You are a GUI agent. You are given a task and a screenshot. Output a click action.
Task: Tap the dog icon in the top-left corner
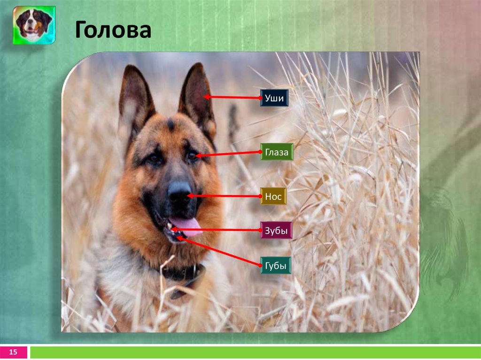(x=34, y=25)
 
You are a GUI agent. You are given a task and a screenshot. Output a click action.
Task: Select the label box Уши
(x=274, y=99)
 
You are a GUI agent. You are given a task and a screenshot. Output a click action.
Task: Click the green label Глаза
(x=277, y=152)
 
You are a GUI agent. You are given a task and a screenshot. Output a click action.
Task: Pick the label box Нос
(x=273, y=196)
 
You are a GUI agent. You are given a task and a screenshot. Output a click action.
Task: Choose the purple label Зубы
(x=276, y=230)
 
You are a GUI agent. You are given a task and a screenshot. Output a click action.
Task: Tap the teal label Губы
(x=276, y=265)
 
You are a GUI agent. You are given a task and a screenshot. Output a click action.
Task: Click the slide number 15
(x=13, y=352)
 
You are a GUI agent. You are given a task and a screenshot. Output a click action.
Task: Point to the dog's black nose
(x=178, y=192)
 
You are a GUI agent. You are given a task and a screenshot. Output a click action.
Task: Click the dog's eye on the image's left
(x=155, y=159)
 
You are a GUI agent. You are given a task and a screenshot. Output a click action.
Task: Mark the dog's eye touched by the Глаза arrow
(x=192, y=155)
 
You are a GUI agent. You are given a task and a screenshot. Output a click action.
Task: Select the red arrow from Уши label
(x=233, y=98)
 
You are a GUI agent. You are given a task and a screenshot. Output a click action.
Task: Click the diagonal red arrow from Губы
(x=218, y=252)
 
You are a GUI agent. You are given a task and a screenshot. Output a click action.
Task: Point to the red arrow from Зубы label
(x=216, y=230)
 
